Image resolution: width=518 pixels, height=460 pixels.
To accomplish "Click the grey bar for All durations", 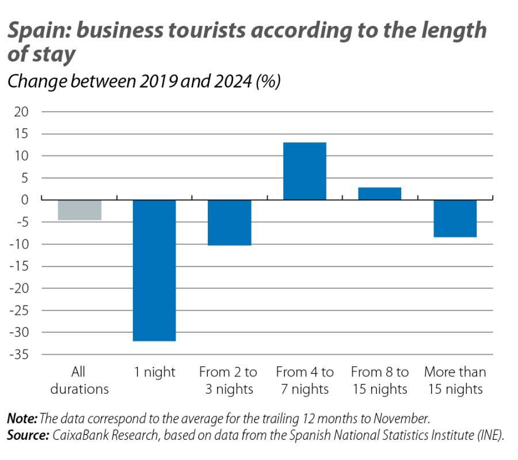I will click(79, 210).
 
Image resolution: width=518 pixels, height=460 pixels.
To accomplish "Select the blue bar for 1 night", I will click(154, 270).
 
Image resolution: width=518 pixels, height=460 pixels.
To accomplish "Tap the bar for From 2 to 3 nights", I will click(230, 222).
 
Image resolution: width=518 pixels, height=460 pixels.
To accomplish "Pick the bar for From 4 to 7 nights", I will click(304, 171).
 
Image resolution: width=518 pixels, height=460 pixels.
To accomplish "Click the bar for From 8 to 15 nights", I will click(380, 193).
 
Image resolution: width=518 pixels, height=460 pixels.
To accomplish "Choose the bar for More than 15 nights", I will click(455, 218).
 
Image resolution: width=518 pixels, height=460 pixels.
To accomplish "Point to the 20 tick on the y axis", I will click(21, 112).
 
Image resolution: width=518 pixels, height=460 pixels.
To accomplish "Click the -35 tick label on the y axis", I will click(19, 355).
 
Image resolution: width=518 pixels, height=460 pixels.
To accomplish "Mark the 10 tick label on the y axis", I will click(21, 156).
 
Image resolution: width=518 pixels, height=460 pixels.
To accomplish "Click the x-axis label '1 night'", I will click(154, 372).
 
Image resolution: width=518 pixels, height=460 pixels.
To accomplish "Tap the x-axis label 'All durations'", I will click(79, 381).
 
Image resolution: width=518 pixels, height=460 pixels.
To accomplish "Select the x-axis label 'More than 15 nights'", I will click(455, 381).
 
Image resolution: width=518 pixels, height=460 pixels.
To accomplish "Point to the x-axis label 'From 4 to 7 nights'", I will click(304, 381).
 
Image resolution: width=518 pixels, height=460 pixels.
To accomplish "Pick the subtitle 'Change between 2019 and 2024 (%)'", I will click(143, 81).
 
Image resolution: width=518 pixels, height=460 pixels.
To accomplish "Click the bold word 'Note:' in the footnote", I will click(22, 419).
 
